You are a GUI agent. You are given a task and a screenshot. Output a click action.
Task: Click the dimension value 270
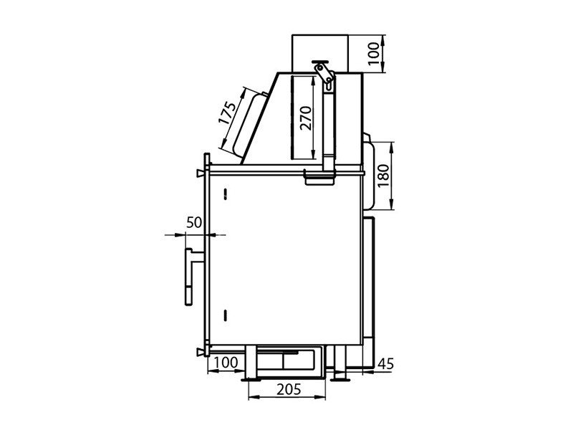306,118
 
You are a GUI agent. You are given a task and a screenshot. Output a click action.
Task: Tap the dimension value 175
228,113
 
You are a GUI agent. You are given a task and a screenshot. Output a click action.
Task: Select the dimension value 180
383,176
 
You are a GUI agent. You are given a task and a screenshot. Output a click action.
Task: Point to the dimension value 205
289,389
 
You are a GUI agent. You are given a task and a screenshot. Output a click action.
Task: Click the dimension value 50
194,222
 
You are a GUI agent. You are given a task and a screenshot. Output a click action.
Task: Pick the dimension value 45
386,364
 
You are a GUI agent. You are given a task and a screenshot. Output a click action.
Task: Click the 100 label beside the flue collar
373,53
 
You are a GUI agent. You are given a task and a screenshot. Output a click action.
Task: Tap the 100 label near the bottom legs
226,363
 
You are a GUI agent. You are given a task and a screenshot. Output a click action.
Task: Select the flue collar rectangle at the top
320,53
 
